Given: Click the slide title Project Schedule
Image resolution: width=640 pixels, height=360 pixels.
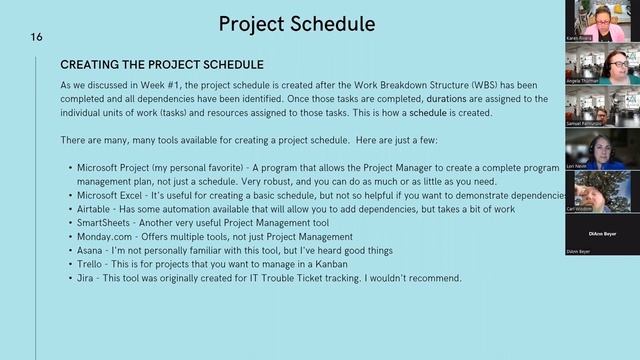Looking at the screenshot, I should tap(297, 24).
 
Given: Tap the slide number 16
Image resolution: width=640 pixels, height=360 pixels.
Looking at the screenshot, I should tap(36, 37).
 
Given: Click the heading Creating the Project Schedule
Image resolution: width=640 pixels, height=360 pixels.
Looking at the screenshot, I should tap(162, 65).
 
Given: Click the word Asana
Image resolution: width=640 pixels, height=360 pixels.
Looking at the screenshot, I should tap(89, 250).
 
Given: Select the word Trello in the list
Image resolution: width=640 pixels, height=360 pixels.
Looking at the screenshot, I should tap(88, 264).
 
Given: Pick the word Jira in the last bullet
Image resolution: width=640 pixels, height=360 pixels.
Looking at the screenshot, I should tap(84, 278).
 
